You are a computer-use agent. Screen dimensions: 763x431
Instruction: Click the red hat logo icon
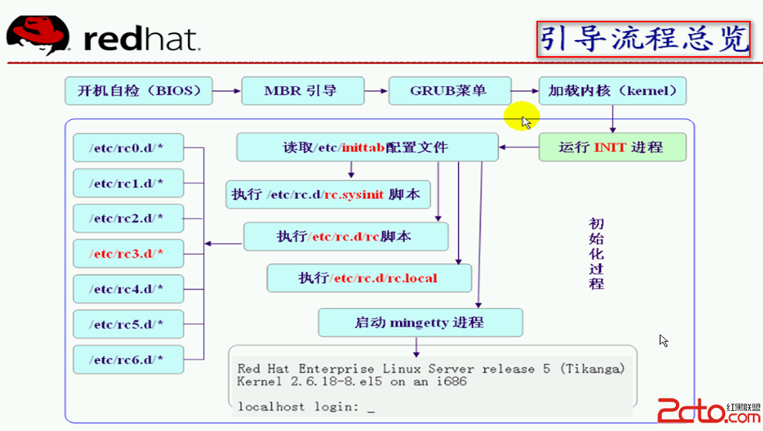[x=38, y=35]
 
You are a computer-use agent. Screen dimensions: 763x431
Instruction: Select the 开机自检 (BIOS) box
[x=139, y=91]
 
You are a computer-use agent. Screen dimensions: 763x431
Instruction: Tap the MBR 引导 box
[x=303, y=91]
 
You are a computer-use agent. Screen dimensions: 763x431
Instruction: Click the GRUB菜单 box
[x=449, y=91]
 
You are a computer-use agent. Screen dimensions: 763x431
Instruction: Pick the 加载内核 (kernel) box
[x=612, y=91]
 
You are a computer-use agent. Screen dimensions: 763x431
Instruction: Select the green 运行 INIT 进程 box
[x=612, y=147]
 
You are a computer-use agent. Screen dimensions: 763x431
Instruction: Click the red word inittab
[x=363, y=147]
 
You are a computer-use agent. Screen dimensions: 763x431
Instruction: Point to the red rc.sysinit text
[x=355, y=195]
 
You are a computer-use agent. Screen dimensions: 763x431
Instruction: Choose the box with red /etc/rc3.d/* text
[x=129, y=254]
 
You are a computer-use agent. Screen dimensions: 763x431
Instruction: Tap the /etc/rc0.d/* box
[x=129, y=148]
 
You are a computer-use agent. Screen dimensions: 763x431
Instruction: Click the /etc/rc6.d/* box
[x=129, y=359]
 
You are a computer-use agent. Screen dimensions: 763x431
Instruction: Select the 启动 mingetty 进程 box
[x=421, y=322]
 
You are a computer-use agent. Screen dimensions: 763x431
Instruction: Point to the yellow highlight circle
[x=521, y=115]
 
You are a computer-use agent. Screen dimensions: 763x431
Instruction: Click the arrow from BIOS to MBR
[x=227, y=91]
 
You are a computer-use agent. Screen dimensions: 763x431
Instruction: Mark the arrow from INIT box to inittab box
[x=519, y=147]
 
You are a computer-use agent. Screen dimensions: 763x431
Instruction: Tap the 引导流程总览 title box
[x=644, y=39]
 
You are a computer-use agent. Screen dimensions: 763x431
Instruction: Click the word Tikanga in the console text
[x=593, y=369]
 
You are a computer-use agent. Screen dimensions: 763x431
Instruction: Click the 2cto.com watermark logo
[x=708, y=411]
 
